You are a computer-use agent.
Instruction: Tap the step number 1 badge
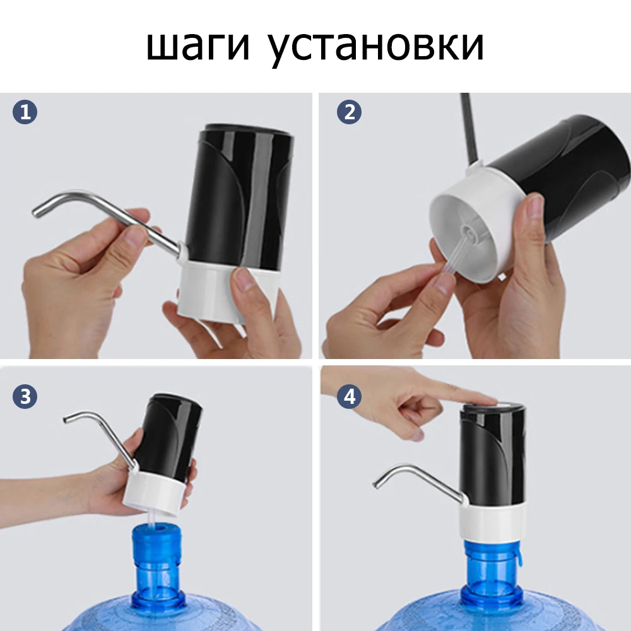point(25,113)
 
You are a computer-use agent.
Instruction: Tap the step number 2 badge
point(350,113)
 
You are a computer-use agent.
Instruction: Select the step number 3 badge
point(25,397)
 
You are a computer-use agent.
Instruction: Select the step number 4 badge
point(350,397)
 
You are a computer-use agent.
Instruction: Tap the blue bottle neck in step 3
point(156,555)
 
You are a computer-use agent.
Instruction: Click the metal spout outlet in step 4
point(379,483)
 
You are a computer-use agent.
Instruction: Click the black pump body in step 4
point(492,454)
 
